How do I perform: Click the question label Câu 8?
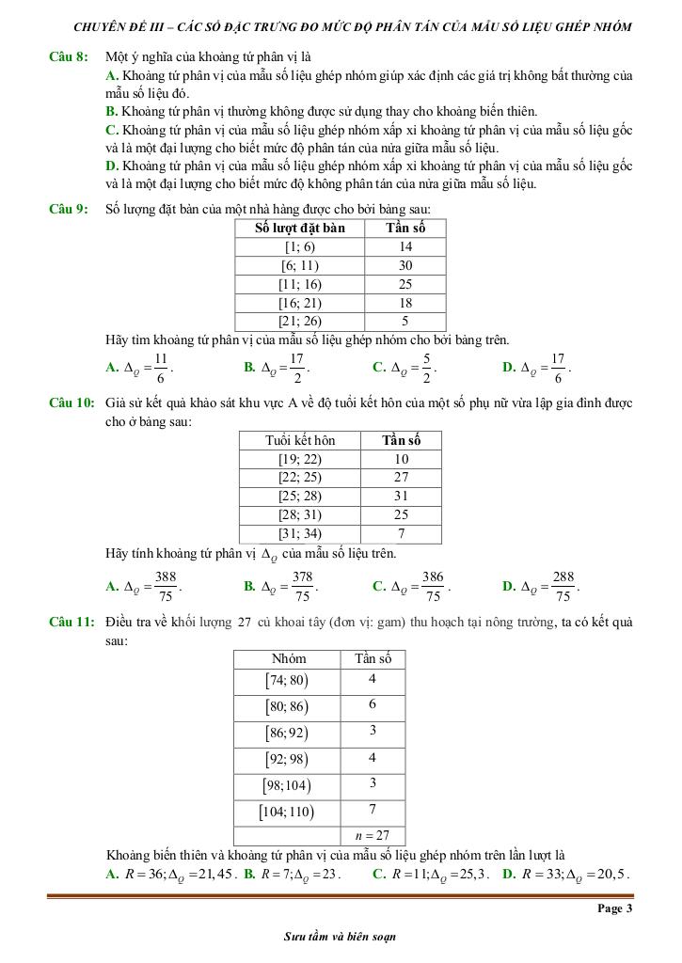69,57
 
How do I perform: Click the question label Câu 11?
71,623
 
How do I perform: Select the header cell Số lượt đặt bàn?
300,229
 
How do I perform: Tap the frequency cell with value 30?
405,265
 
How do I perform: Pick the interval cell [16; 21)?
300,302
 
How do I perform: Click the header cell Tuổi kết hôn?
300,440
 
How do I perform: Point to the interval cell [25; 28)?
300,496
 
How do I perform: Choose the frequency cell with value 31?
401,496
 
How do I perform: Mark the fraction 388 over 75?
167,586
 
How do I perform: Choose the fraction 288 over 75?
563,586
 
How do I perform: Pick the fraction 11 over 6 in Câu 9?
161,367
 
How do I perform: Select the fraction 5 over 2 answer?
426,367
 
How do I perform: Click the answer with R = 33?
567,874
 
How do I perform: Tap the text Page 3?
614,908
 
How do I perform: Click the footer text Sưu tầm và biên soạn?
340,937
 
